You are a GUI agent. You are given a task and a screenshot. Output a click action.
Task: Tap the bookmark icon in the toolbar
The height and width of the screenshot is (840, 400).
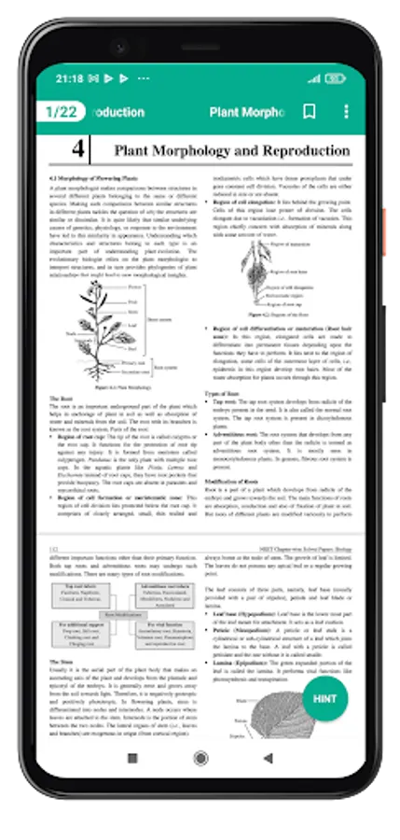309,112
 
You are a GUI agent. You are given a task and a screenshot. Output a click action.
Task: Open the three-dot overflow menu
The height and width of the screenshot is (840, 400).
346,112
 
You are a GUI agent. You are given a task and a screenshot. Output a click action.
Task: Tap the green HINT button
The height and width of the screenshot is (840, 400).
325,671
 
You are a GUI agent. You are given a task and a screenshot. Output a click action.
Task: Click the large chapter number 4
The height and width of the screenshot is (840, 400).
78,150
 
